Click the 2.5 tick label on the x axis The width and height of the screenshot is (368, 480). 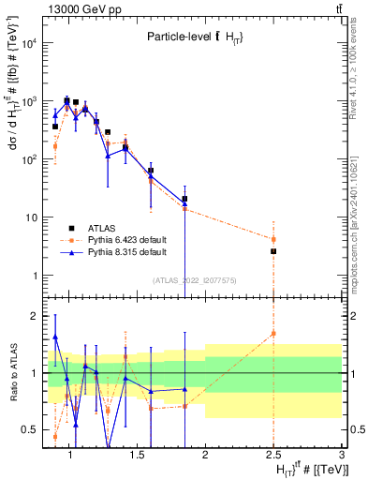coord(272,455)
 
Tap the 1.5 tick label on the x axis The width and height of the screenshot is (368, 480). coord(137,455)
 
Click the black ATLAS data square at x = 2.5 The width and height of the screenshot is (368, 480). coord(273,251)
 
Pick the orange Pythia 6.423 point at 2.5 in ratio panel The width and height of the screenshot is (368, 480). coord(273,333)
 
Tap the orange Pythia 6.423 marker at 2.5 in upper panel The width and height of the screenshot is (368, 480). coord(273,239)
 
